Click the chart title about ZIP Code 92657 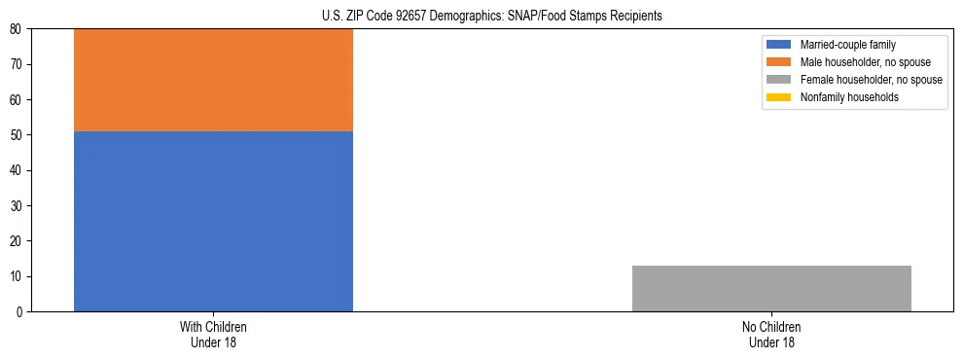tap(491, 17)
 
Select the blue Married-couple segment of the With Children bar tap(213, 221)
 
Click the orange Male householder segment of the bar tap(213, 80)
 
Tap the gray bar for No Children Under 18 tap(771, 288)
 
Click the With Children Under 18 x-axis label tap(213, 334)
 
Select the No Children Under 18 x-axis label tap(771, 334)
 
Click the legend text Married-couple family tap(847, 45)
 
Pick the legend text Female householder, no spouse tap(871, 80)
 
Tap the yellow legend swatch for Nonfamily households tap(780, 97)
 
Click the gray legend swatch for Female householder tap(780, 80)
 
